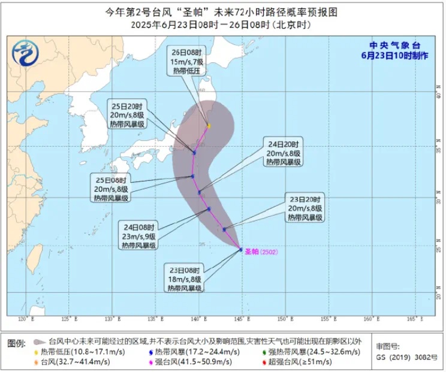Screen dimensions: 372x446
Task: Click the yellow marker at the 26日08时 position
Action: (x=209, y=126)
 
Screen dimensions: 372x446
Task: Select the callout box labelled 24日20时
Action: (x=286, y=152)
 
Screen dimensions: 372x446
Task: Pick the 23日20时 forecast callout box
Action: (x=305, y=208)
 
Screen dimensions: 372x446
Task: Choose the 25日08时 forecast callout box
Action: (x=111, y=189)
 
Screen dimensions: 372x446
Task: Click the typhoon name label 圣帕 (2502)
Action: (x=261, y=252)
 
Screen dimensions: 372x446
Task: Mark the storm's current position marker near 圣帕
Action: (x=241, y=249)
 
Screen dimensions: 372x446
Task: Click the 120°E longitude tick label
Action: (x=24, y=318)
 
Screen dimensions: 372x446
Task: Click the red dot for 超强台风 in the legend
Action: (x=264, y=362)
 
